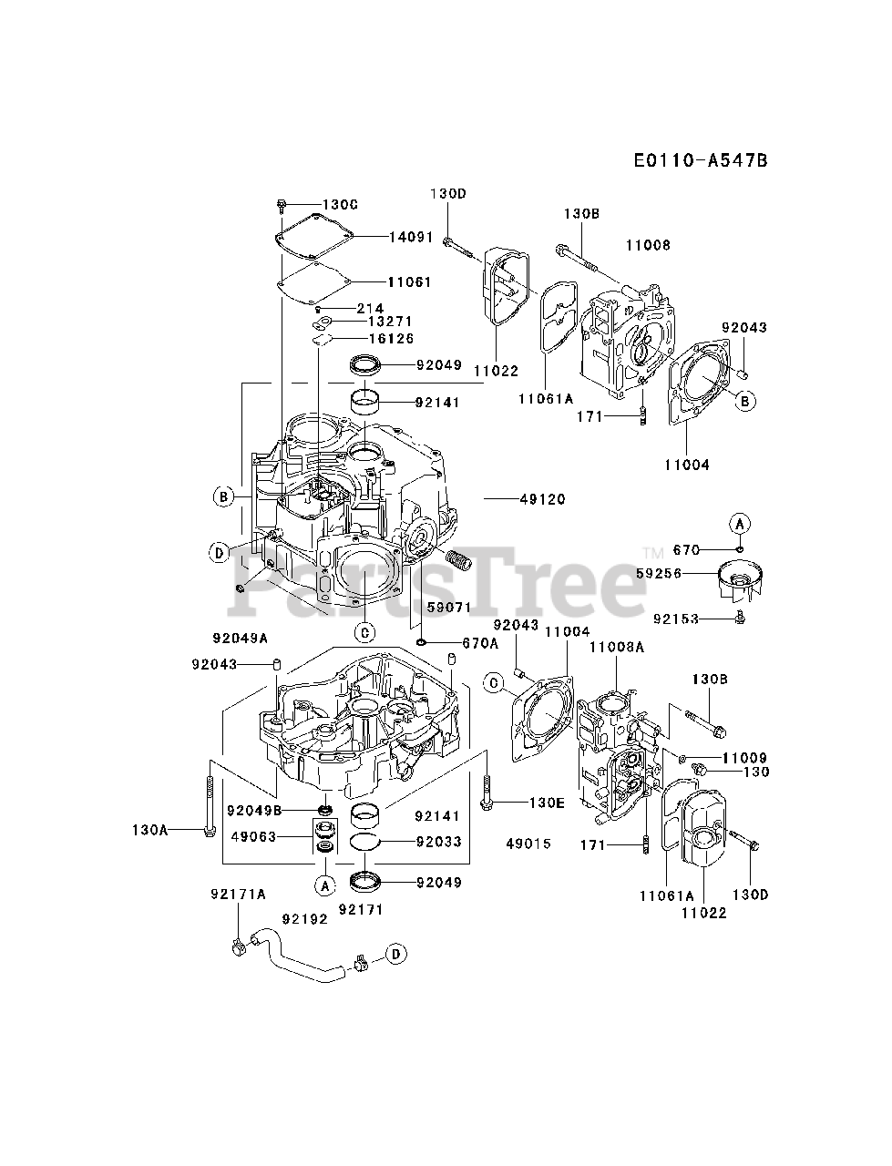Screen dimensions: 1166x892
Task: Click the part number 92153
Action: [676, 619]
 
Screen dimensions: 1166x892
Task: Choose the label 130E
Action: [547, 803]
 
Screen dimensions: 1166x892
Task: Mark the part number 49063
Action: [253, 836]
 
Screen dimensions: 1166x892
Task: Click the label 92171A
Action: [240, 895]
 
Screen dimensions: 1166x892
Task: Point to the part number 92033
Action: [438, 842]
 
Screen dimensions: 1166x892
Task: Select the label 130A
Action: [151, 830]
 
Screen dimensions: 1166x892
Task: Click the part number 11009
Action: [744, 758]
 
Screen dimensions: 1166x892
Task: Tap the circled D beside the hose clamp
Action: [395, 953]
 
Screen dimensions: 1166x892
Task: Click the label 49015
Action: [528, 844]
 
